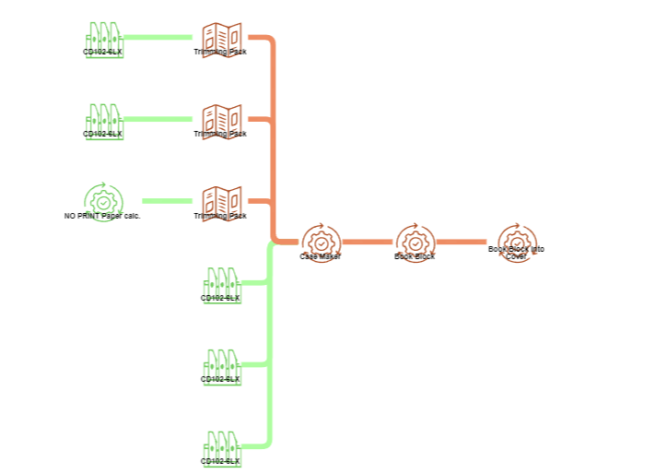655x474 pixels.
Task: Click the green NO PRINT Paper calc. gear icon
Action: tap(103, 198)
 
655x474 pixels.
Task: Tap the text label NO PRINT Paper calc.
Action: tap(102, 216)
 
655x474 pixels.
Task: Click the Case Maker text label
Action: tap(320, 256)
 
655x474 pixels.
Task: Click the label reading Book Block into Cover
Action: tap(516, 253)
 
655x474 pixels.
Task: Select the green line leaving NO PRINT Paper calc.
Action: tap(166, 200)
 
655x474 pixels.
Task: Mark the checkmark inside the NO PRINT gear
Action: tap(103, 201)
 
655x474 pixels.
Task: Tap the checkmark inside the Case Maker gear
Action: tap(320, 243)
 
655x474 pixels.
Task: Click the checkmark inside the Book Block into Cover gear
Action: tap(517, 243)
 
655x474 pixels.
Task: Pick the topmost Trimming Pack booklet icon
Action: tap(221, 37)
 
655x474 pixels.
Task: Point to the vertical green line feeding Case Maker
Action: tap(270, 350)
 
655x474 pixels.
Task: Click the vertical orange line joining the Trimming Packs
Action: tap(274, 138)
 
